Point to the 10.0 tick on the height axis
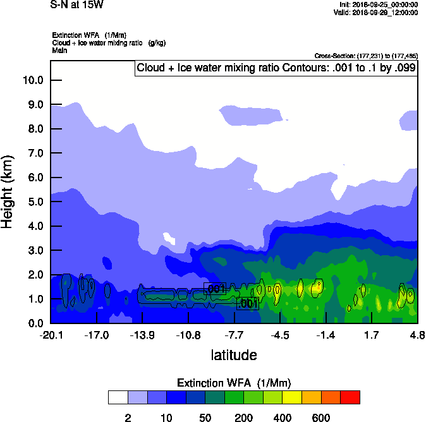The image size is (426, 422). pyautogui.click(x=33, y=80)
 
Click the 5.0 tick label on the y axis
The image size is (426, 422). pyautogui.click(x=33, y=202)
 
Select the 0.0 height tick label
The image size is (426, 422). pyautogui.click(x=33, y=323)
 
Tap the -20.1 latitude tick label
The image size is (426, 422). pyautogui.click(x=51, y=334)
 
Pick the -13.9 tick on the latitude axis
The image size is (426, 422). pyautogui.click(x=142, y=334)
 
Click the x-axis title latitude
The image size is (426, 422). pyautogui.click(x=234, y=355)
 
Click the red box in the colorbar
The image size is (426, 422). pyautogui.click(x=350, y=397)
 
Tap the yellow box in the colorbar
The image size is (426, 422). pyautogui.click(x=293, y=397)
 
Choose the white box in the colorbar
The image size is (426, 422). pyautogui.click(x=118, y=397)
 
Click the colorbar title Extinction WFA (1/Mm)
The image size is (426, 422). pyautogui.click(x=234, y=383)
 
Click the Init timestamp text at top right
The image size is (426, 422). pyautogui.click(x=379, y=4)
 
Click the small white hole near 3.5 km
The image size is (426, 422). pyautogui.click(x=169, y=238)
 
